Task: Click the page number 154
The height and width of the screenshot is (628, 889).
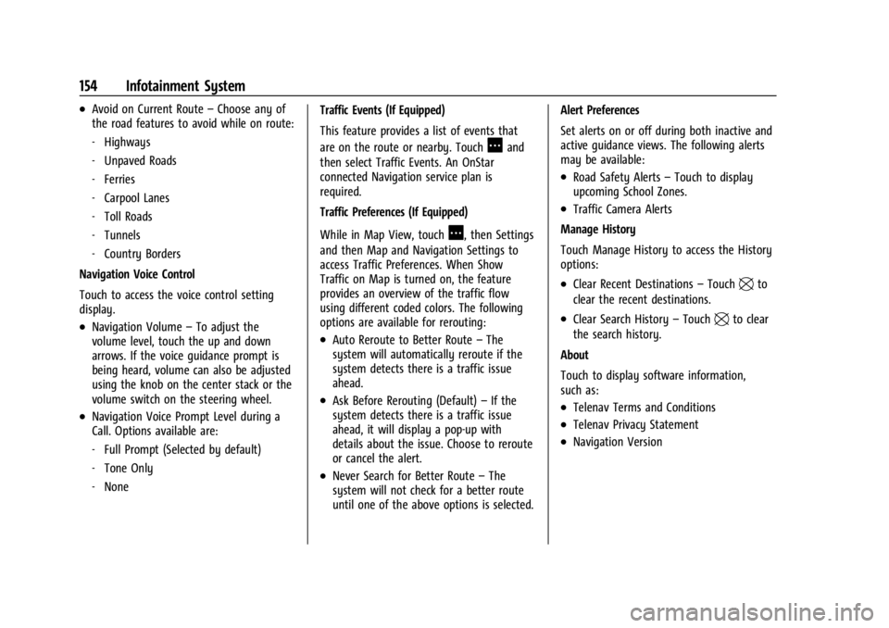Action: point(89,86)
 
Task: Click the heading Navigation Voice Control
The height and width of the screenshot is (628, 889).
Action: point(137,274)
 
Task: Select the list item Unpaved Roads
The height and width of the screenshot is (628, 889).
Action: point(140,161)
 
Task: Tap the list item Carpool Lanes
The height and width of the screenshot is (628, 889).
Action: point(137,198)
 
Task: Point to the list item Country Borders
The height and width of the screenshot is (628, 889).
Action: point(143,254)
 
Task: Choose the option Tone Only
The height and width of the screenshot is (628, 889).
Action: point(129,469)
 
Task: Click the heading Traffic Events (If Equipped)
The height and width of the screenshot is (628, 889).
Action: point(382,110)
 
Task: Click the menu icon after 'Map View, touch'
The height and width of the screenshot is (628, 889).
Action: point(455,232)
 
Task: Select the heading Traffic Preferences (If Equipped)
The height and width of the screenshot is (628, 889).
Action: point(394,212)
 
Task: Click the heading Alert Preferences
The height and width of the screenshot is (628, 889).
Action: point(599,110)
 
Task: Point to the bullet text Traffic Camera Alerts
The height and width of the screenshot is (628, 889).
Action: point(622,209)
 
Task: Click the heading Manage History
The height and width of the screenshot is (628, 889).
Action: point(597,230)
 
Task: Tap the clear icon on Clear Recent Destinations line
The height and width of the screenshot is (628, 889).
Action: point(746,284)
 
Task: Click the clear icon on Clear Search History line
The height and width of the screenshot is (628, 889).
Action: point(721,320)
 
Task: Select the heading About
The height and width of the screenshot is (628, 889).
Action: point(574,355)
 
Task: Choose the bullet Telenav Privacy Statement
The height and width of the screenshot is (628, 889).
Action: point(635,425)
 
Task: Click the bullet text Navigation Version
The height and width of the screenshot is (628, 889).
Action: point(618,442)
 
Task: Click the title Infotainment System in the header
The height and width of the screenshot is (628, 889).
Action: point(185,86)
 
